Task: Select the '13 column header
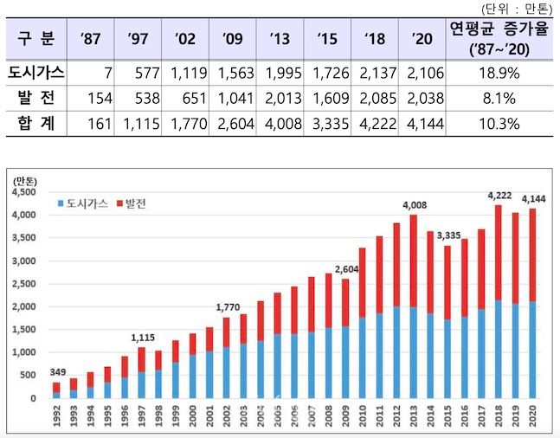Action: [x=280, y=38]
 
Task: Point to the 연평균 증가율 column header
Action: [x=499, y=38]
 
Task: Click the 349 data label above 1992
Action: [x=57, y=374]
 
